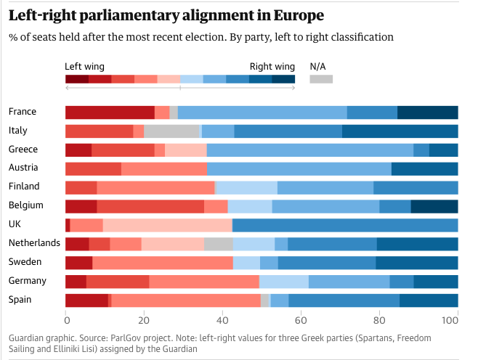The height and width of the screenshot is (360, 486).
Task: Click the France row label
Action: [23, 112]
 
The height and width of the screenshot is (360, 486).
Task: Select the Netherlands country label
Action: [33, 242]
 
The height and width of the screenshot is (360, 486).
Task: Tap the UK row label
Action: [16, 224]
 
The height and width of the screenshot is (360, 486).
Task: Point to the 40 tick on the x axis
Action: [222, 319]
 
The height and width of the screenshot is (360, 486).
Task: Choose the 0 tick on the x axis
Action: [66, 319]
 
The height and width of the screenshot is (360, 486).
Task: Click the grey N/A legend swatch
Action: [321, 78]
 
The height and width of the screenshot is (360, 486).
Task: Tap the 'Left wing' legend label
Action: [84, 66]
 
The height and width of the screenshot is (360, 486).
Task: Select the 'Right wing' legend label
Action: [272, 66]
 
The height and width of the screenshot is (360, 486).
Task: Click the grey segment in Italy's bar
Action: [171, 131]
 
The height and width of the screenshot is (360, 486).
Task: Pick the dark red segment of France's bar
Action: [110, 112]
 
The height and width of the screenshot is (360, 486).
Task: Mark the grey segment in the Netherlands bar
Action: [219, 243]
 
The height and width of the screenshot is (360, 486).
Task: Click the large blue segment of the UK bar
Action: [345, 224]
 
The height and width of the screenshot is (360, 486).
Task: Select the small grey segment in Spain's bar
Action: [265, 300]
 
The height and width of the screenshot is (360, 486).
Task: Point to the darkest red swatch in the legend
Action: [77, 78]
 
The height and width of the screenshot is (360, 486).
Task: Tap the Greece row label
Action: [23, 150]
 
